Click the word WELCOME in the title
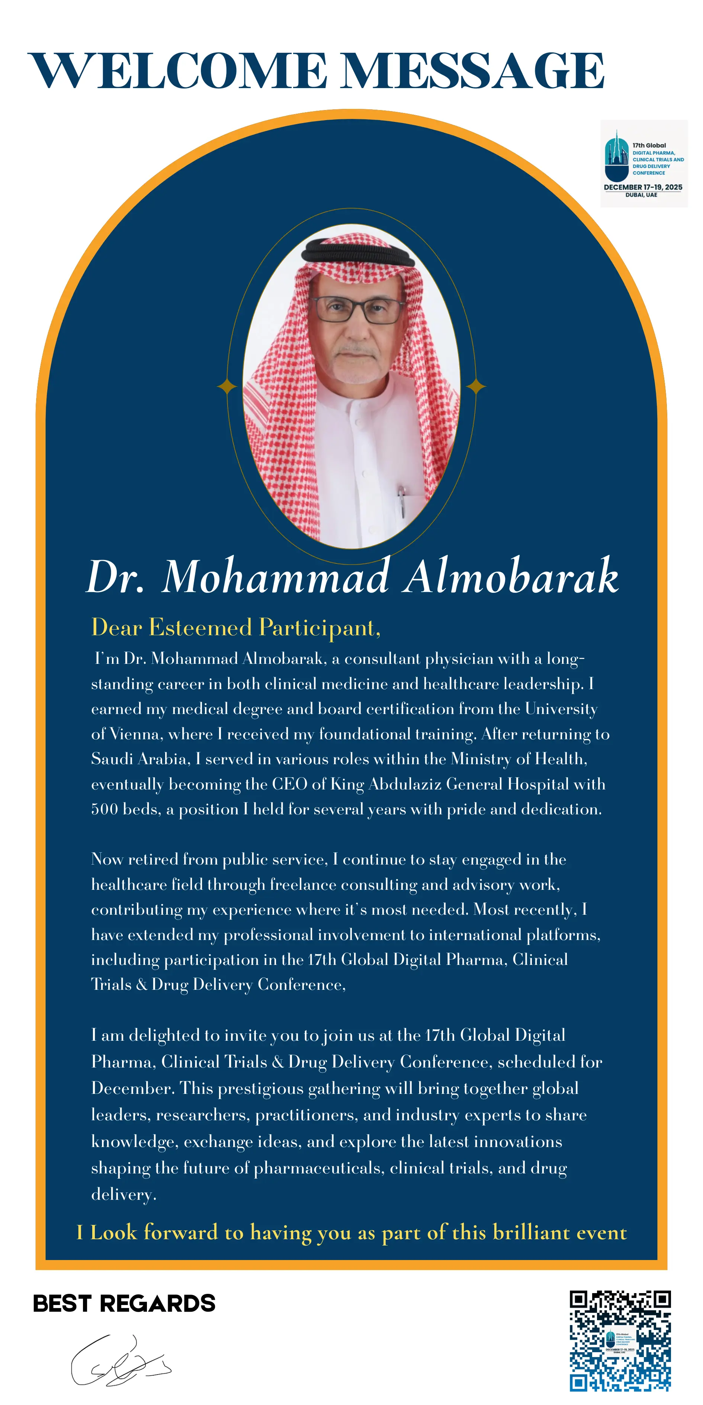[177, 71]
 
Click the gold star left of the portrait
[227, 387]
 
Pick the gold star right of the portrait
[476, 387]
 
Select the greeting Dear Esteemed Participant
[236, 628]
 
